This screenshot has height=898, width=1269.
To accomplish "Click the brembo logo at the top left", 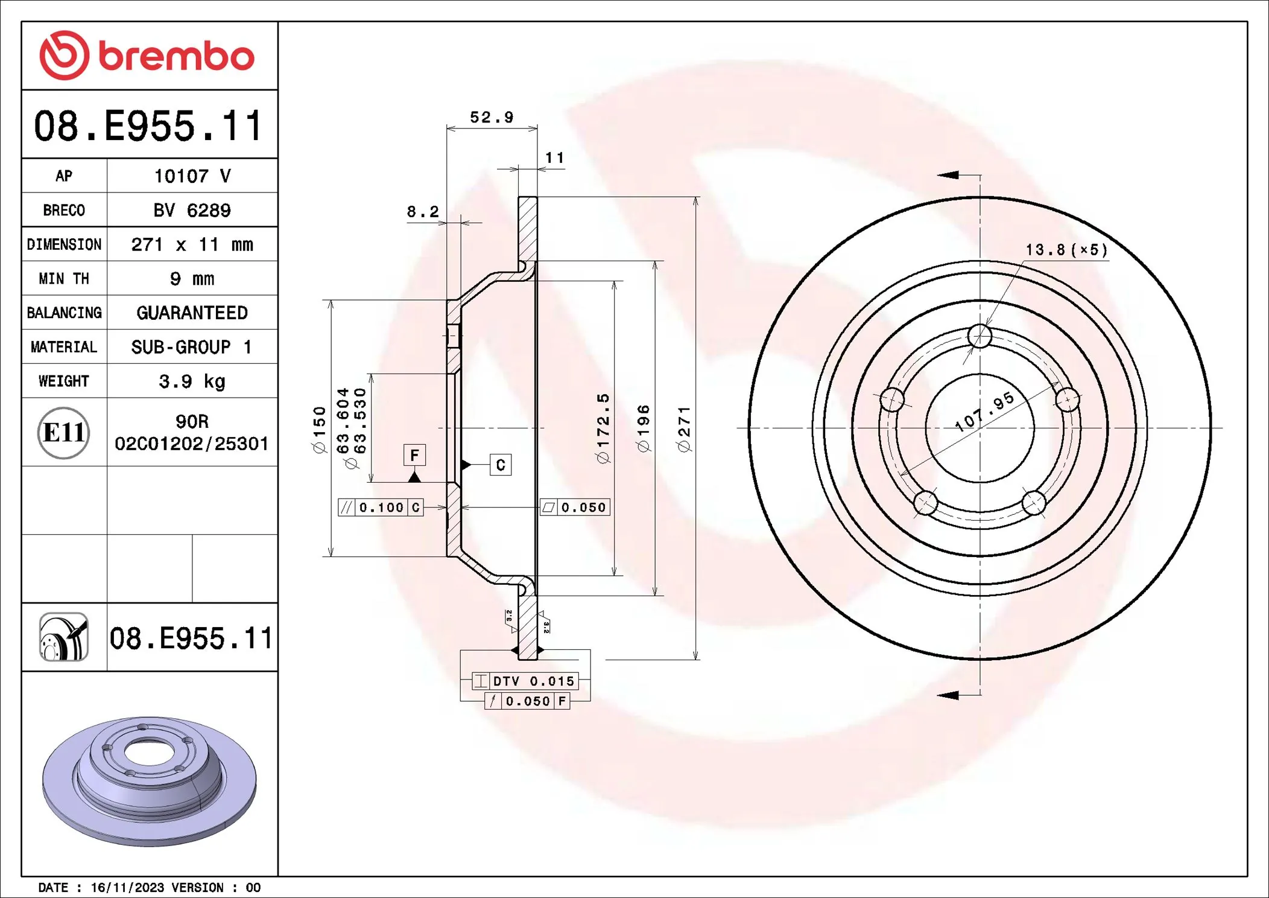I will [x=147, y=56].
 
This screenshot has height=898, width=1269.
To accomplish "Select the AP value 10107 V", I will [x=192, y=176].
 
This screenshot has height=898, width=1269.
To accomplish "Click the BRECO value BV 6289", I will [x=192, y=210].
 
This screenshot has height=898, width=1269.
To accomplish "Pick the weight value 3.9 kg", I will [x=192, y=381].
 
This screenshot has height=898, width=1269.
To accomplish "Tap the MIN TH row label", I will [x=64, y=279].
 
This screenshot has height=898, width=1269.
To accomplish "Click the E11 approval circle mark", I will [x=64, y=433].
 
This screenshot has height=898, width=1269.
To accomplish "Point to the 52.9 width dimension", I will [x=492, y=117].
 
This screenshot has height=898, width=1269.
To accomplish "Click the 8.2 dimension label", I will [x=422, y=212].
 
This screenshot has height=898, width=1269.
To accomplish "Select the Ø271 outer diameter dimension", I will [x=684, y=429].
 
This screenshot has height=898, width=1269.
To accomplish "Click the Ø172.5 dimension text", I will [x=603, y=428].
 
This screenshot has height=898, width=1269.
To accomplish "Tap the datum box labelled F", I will [x=414, y=455].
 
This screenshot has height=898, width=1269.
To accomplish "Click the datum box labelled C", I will [x=501, y=465].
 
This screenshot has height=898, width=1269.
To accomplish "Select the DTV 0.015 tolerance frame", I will [x=525, y=681].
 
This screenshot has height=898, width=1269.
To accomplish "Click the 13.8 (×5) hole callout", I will [x=1066, y=250].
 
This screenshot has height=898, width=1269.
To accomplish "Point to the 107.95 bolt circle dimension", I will [x=984, y=412].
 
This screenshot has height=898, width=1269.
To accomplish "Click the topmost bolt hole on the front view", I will [x=979, y=336].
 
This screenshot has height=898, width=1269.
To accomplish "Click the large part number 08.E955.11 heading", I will [x=148, y=126].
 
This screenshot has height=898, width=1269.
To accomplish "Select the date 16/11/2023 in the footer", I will [x=127, y=887].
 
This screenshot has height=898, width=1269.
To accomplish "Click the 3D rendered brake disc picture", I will [x=150, y=780].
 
